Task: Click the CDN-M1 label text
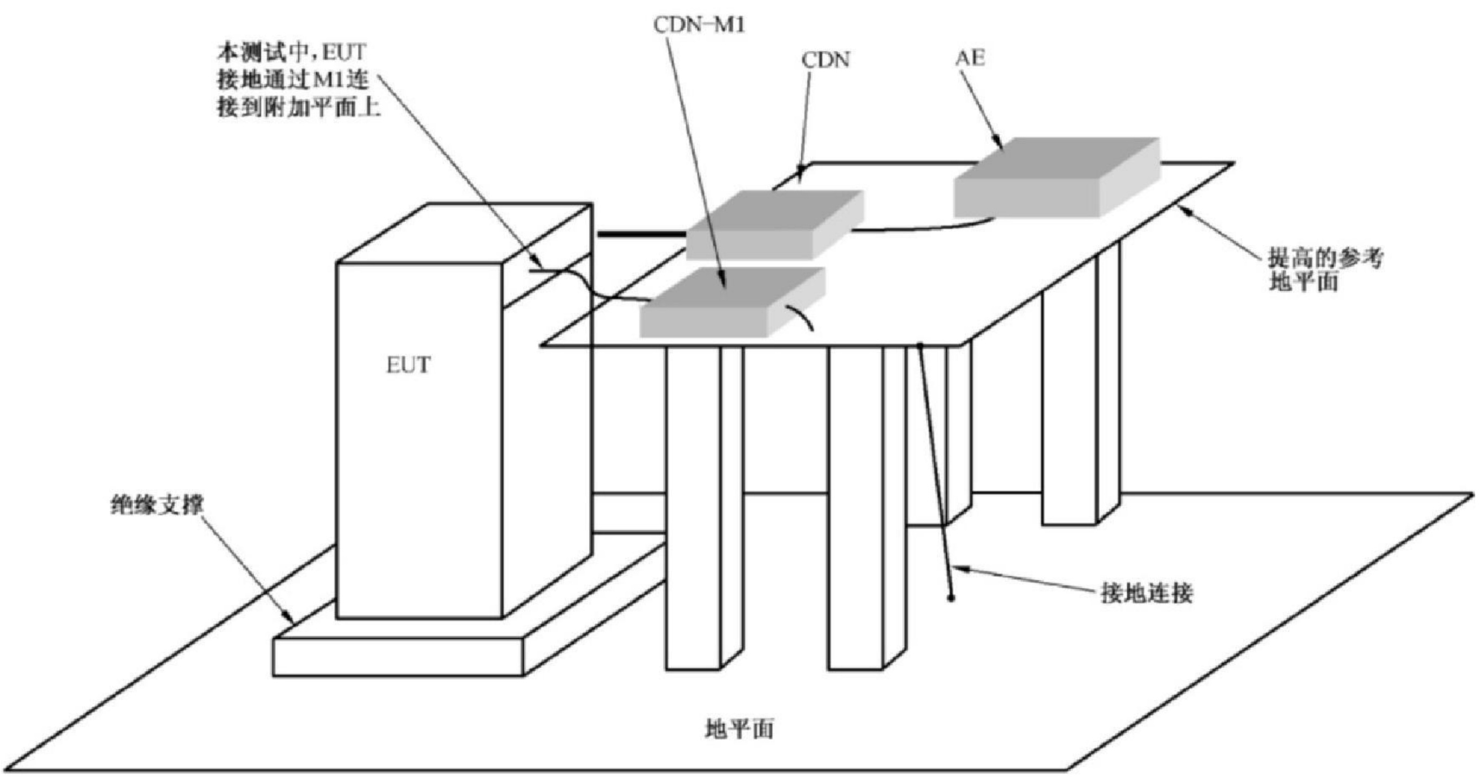click(699, 25)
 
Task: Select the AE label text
click(970, 58)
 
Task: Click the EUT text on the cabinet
click(408, 365)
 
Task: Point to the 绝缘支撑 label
click(157, 506)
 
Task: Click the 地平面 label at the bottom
click(739, 729)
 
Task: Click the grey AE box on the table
click(1057, 177)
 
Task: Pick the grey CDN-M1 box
click(732, 302)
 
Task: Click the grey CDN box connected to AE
click(775, 225)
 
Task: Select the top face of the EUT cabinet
click(464, 233)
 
